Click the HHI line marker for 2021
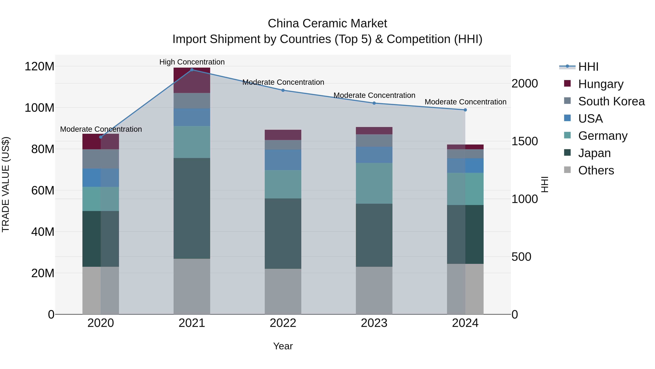[192, 70]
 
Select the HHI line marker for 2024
[465, 110]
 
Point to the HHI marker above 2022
[283, 90]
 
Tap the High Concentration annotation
[192, 62]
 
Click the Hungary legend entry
[601, 84]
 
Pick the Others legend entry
[596, 170]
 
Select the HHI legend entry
[588, 67]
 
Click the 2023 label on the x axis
[374, 323]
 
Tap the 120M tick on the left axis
[39, 67]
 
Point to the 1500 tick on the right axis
[524, 141]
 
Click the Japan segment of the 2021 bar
[192, 208]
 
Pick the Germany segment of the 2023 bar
[374, 183]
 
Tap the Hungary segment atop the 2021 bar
[192, 80]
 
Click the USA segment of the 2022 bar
[283, 159]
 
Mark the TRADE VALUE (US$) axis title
[6, 184]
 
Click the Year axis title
[283, 346]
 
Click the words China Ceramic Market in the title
[327, 24]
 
